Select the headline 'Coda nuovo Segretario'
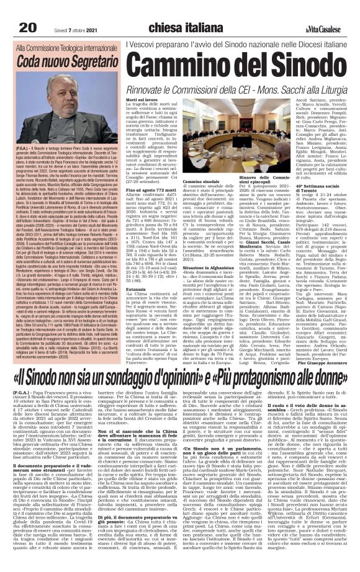(62, 61)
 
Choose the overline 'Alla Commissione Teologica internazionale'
(63, 47)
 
